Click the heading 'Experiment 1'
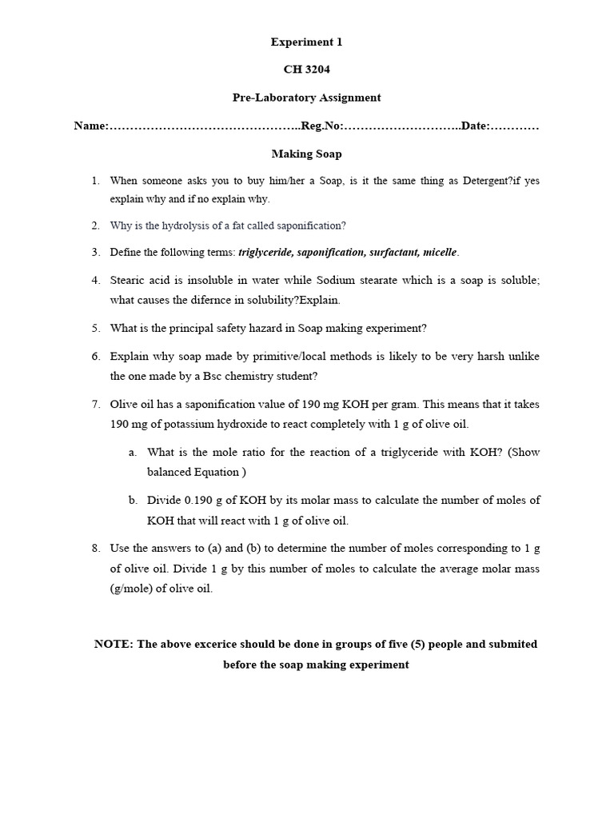306,42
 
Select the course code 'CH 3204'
306,70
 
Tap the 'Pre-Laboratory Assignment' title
306,98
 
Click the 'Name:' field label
90,126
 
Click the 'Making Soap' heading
306,154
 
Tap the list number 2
95,226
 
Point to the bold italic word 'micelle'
440,253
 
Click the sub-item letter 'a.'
133,453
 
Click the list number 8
95,549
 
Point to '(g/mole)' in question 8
132,589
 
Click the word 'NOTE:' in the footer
114,645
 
